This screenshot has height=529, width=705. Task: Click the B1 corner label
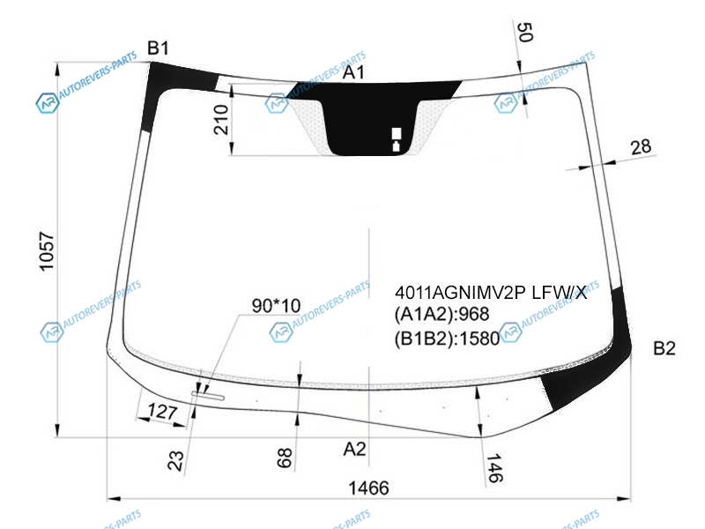click(159, 48)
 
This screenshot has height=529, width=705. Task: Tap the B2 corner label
click(664, 348)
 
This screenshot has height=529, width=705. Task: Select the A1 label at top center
click(353, 72)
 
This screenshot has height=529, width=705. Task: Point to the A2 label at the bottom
click(354, 449)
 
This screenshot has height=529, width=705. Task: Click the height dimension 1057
click(48, 251)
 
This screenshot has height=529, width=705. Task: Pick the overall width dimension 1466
click(368, 488)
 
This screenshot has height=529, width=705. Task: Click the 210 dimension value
click(221, 120)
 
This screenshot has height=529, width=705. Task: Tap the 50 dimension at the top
click(525, 32)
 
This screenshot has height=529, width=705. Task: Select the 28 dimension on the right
click(641, 147)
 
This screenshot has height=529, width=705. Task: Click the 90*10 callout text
click(276, 306)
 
